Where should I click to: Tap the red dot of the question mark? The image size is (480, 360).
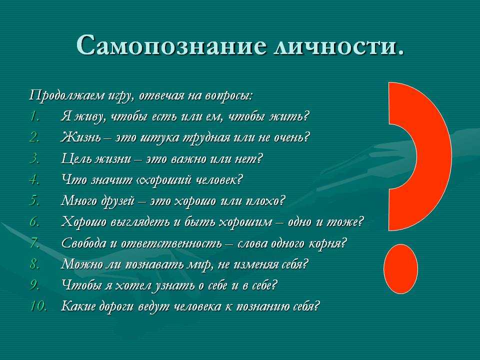400,269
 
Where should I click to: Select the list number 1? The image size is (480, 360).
34,116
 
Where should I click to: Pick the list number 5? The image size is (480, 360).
34,201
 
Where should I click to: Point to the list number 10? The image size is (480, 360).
38,306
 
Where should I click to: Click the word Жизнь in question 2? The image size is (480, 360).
80,137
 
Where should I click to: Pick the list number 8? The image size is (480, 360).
34,264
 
